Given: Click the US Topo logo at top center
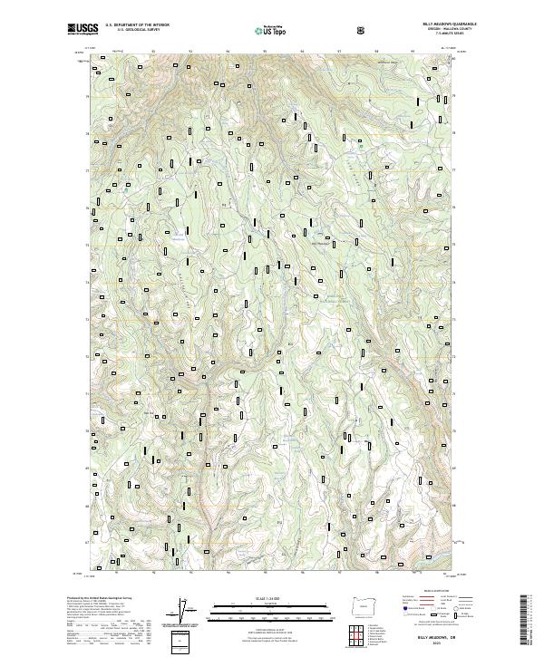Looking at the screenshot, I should pyautogui.click(x=268, y=30).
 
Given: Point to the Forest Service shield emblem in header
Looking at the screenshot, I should pyautogui.click(x=363, y=29).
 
